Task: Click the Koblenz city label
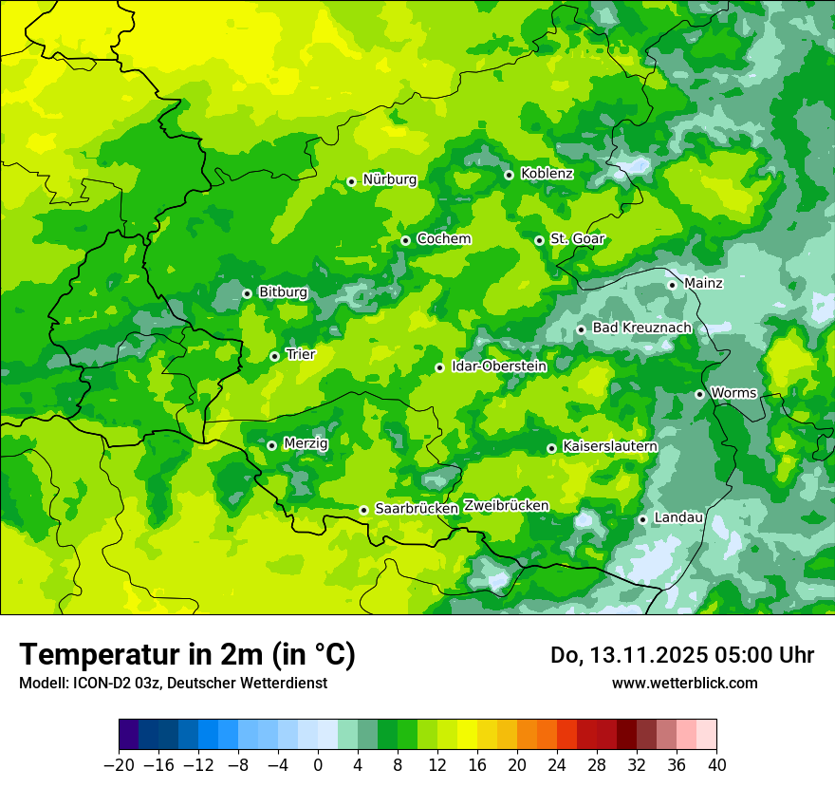547,174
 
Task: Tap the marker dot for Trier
274,356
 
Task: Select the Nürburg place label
389,179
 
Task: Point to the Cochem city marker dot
405,240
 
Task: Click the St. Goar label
577,239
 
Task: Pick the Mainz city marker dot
672,285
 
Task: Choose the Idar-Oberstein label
499,366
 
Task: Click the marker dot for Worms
699,394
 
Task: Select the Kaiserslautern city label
610,446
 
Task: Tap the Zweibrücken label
506,506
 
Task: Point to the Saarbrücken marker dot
363,510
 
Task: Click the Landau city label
678,517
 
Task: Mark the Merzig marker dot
271,445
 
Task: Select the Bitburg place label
283,292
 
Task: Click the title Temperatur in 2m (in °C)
187,655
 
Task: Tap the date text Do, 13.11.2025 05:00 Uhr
681,655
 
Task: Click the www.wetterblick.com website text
684,683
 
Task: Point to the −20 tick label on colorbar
119,765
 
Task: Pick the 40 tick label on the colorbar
716,765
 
